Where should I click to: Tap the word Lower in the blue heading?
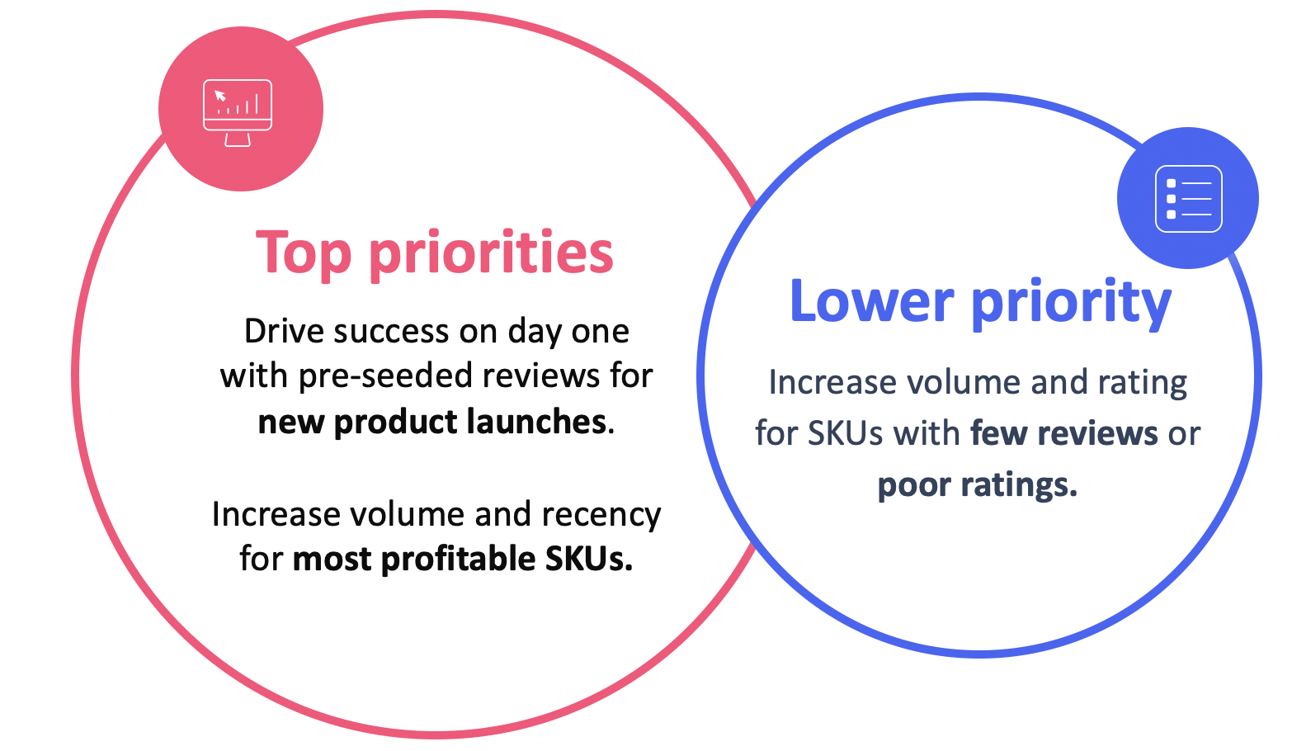point(871,302)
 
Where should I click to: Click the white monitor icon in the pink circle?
point(238,111)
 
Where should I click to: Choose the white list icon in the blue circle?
point(1188,199)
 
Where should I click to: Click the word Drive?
point(284,332)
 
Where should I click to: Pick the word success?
point(391,332)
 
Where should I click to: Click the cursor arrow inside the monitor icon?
point(219,96)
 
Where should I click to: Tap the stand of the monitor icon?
point(238,139)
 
